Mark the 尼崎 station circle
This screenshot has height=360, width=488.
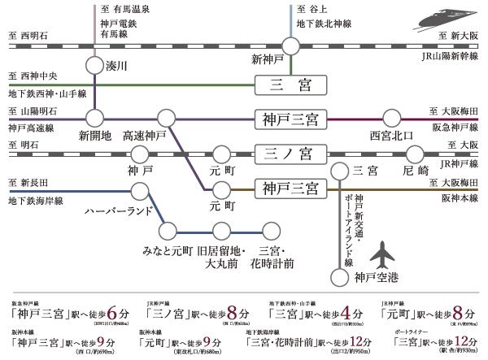pos(415,152)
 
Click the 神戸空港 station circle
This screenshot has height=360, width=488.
pos(338,277)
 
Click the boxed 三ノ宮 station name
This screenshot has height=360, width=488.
pos(289,152)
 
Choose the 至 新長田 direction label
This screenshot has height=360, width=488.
pos(28,182)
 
